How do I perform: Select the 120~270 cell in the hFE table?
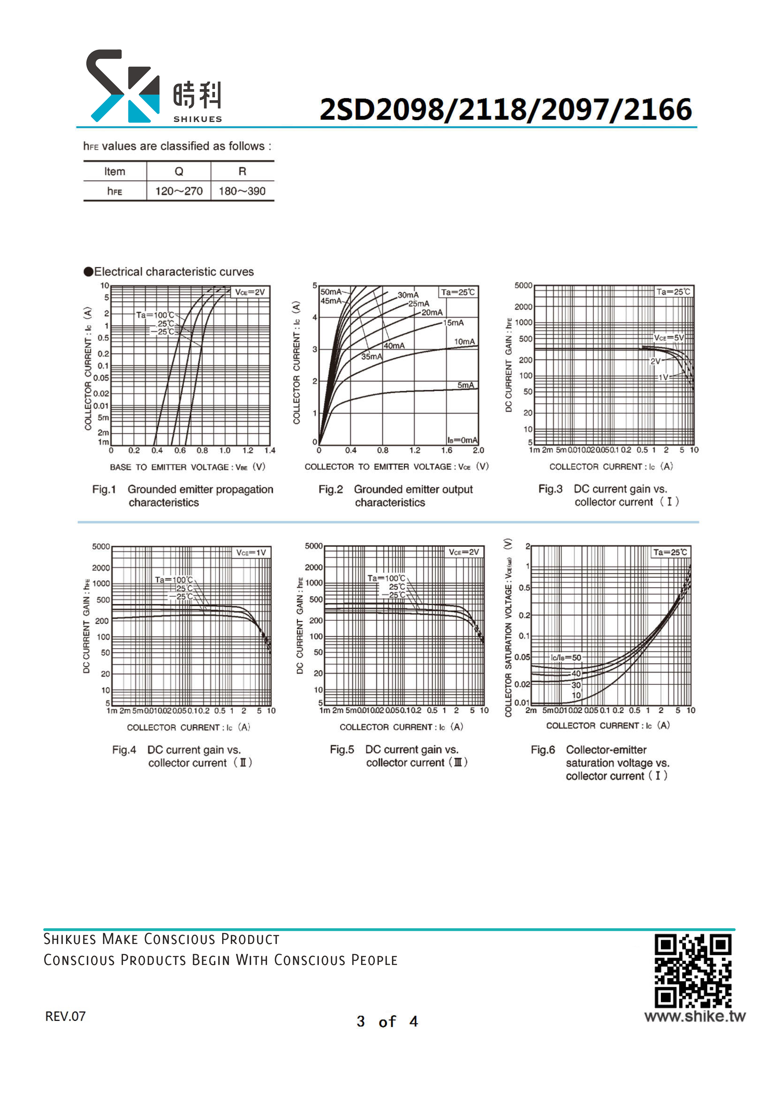coord(179,191)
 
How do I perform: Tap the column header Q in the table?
coord(179,171)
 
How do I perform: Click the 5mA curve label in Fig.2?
coord(466,385)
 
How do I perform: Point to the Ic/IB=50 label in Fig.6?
coord(566,658)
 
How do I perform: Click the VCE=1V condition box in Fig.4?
coord(251,553)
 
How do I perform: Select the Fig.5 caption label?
coord(342,749)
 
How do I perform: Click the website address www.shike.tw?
coord(695,1016)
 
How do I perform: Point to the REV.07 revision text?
coord(65,1016)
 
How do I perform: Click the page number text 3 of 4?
coord(387,1022)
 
